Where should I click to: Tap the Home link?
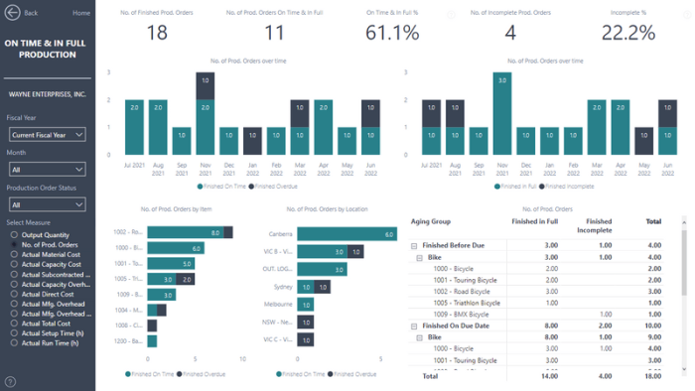(80, 13)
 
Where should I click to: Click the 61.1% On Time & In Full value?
(392, 33)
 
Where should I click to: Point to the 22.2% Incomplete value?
(628, 33)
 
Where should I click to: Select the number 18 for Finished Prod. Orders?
(157, 33)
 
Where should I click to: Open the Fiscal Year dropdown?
(48, 134)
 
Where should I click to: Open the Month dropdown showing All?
(48, 170)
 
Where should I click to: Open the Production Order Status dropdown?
(48, 204)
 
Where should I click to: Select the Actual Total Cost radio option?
(47, 324)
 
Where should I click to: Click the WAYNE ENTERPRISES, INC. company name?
(46, 94)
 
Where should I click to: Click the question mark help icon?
(10, 381)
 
